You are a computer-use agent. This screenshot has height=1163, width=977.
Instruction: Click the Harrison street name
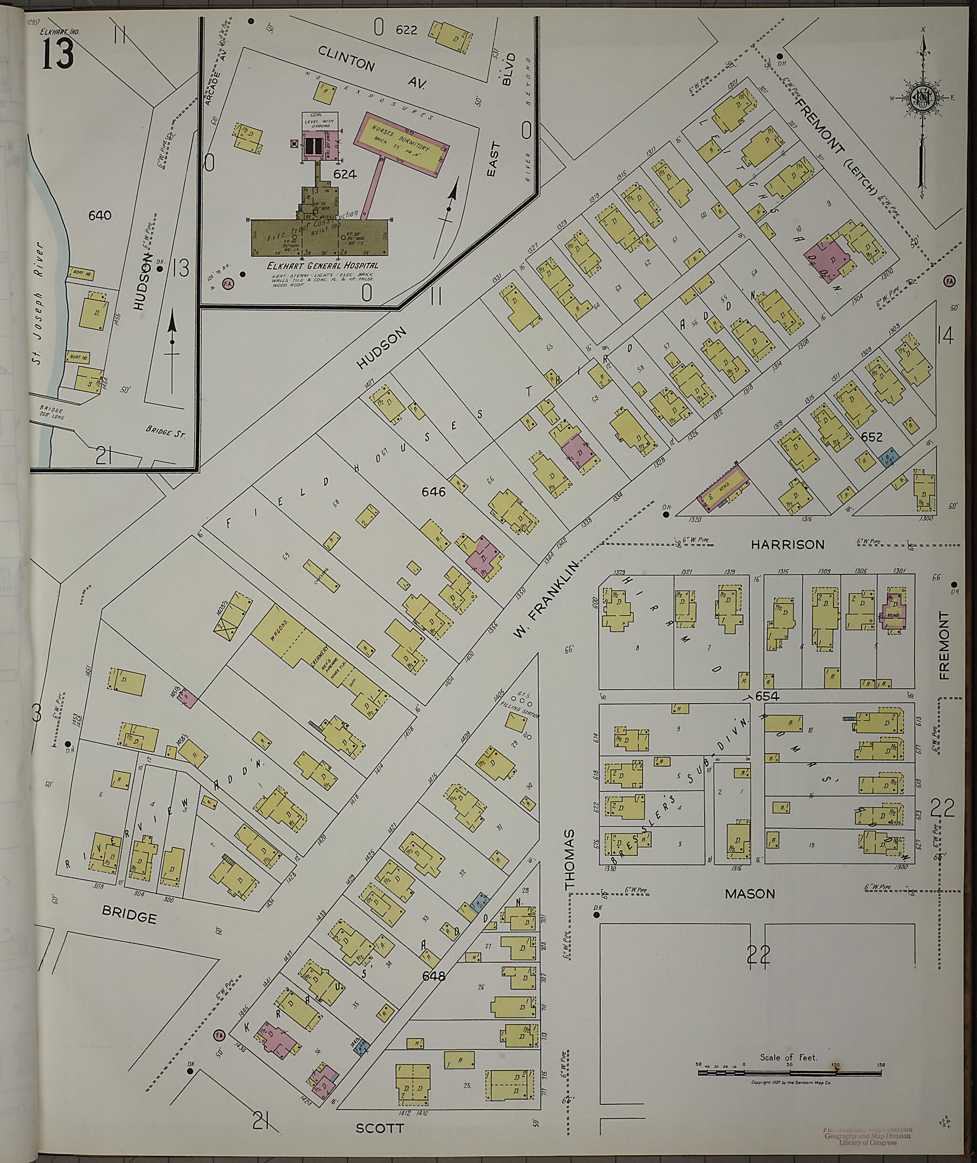click(x=787, y=545)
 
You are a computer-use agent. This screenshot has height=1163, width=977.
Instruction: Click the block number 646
click(x=433, y=491)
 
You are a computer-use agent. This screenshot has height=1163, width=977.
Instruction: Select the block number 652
click(x=872, y=437)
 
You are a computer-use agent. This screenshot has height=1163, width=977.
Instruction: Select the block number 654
click(x=767, y=696)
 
